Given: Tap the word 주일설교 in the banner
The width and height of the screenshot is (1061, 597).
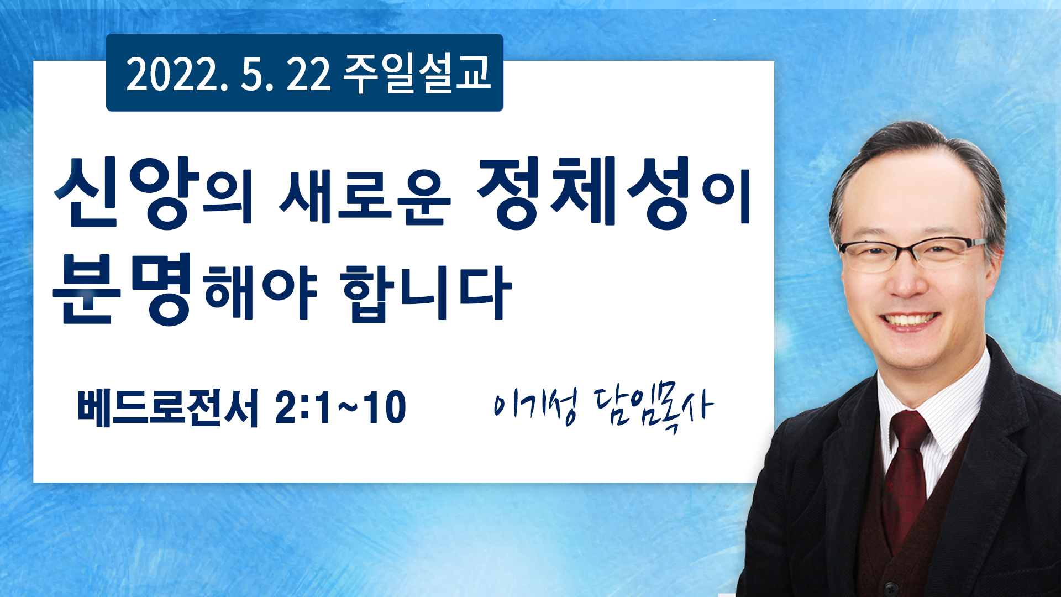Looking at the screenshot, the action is click(417, 73).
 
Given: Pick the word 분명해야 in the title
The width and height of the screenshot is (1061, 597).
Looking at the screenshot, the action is click(185, 288).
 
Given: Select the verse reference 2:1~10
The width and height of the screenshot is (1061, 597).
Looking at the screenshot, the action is click(340, 408).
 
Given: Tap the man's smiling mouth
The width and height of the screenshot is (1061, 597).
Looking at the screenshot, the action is click(909, 321).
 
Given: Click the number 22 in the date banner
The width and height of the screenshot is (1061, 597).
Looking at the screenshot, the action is click(308, 75).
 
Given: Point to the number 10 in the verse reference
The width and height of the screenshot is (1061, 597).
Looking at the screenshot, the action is click(384, 408).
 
